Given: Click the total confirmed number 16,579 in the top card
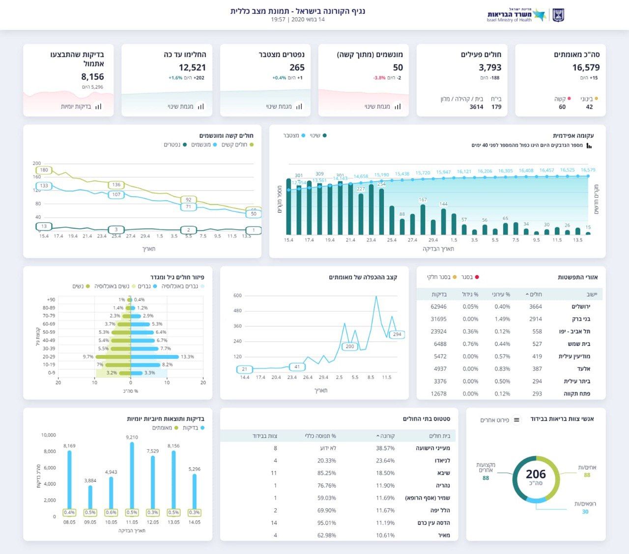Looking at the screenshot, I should coord(586,67).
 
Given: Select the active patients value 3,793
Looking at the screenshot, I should coord(490,67).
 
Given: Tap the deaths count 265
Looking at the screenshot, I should coord(297,67).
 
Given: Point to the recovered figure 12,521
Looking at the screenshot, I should coord(192,67).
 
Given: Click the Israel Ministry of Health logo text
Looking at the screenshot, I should coord(510,16).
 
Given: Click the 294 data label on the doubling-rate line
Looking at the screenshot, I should coord(397,334).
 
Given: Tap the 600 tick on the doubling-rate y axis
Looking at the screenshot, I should coord(237,295).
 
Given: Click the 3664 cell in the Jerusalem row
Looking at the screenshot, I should coord(536,307).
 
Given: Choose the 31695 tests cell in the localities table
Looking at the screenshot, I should coord(438,319).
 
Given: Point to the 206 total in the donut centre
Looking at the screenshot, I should coord(536,474).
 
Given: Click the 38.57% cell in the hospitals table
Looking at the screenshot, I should coord(385,448).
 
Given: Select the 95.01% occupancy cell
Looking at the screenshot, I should coord(327,523).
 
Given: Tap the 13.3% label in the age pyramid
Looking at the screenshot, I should coord(187,357).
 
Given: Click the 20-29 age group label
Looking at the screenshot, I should coord(49,357).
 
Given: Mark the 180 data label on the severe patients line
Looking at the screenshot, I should coord(44,170).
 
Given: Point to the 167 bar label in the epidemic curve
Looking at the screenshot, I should coord(423,200).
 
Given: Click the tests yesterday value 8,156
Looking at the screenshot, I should coord(92,77).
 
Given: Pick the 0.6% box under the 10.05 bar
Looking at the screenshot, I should coord(111,512).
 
